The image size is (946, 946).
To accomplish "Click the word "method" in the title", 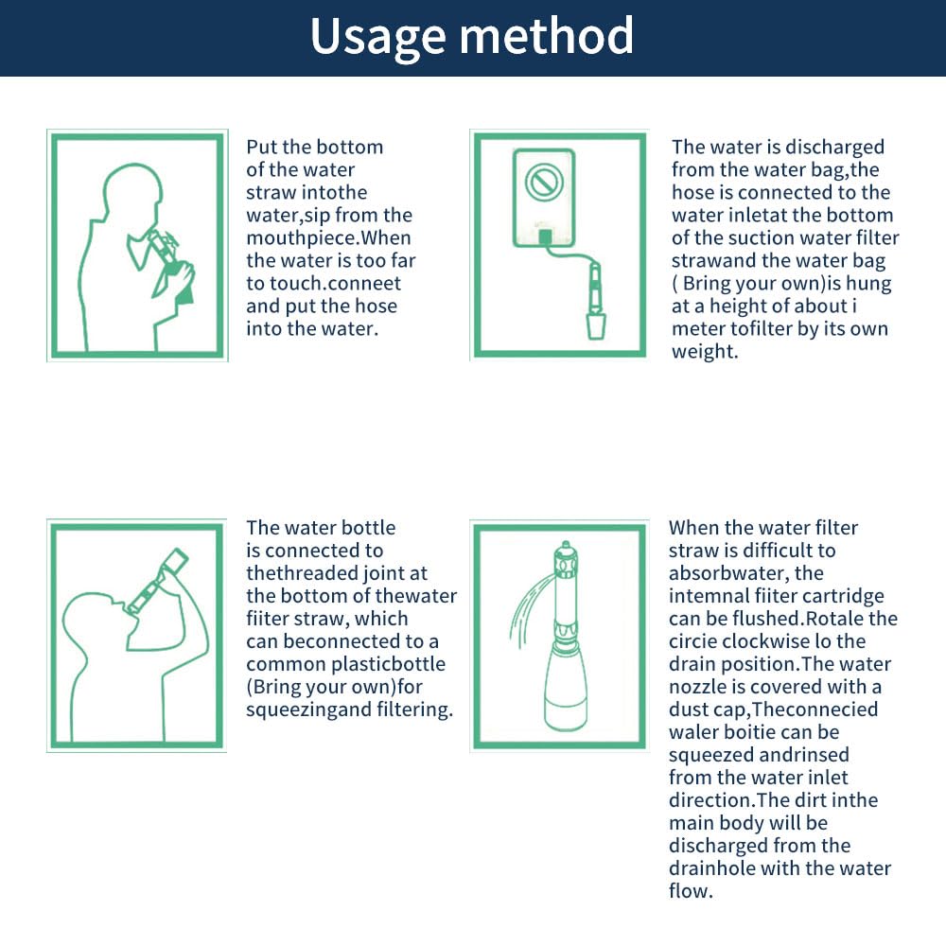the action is point(547,36).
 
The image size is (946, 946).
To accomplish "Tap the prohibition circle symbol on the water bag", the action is point(544,181).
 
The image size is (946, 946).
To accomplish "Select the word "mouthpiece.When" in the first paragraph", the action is point(328,238).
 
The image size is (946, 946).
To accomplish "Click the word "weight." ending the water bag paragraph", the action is point(705,352).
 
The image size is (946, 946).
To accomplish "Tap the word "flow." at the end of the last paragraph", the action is point(691,891).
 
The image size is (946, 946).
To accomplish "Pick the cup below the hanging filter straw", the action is point(595,325).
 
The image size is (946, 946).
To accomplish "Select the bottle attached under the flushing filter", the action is point(566,689).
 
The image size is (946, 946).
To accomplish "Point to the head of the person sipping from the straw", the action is point(131,194).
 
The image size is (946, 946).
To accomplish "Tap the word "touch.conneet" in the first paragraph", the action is point(324,284).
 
